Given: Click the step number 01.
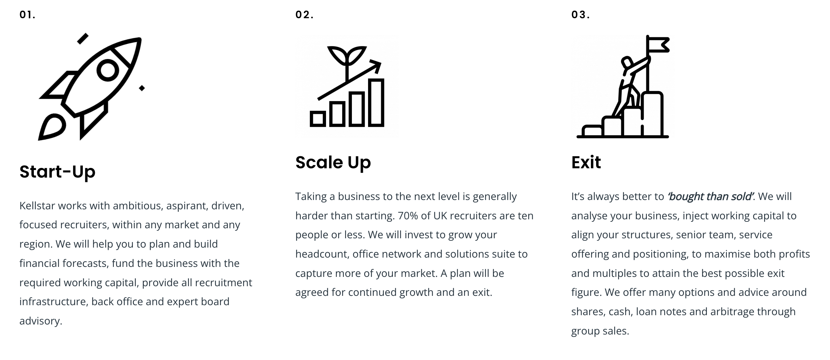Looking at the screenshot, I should (x=27, y=15).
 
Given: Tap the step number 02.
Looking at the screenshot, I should (x=304, y=15).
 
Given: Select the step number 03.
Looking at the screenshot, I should (x=581, y=15).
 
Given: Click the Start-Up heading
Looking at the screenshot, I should (x=57, y=172).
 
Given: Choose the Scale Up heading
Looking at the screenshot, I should (x=333, y=162).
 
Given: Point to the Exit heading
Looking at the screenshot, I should (x=586, y=162).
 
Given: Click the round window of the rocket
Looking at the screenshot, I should (x=108, y=70).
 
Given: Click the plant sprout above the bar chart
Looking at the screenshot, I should (x=347, y=57).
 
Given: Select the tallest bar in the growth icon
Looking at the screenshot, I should (x=376, y=103).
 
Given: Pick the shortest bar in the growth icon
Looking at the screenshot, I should (x=318, y=119).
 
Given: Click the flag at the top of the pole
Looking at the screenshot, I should (x=658, y=45).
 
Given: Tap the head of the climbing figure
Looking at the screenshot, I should (x=627, y=62).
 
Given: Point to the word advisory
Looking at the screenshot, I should (x=40, y=321).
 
